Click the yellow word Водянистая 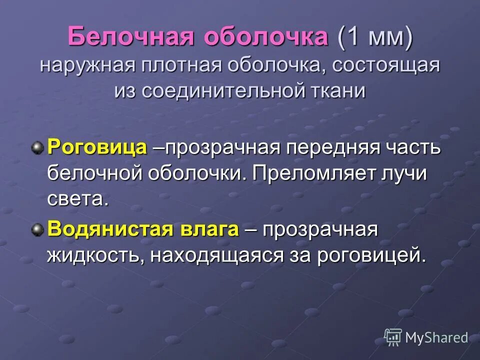tap(109, 230)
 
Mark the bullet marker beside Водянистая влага tap(37, 229)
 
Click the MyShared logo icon tap(393, 337)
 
